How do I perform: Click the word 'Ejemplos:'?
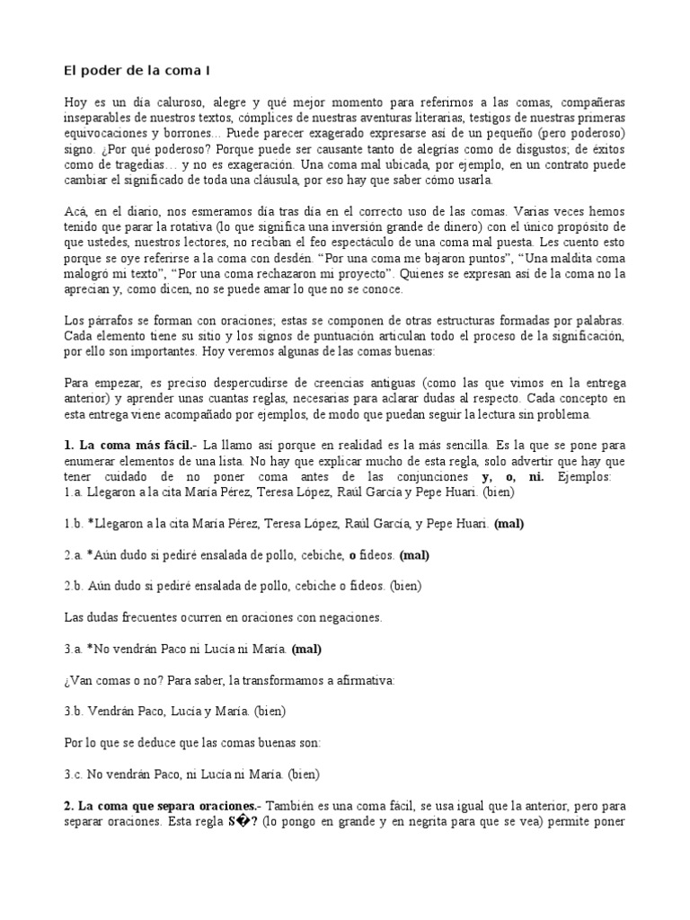click(585, 476)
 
